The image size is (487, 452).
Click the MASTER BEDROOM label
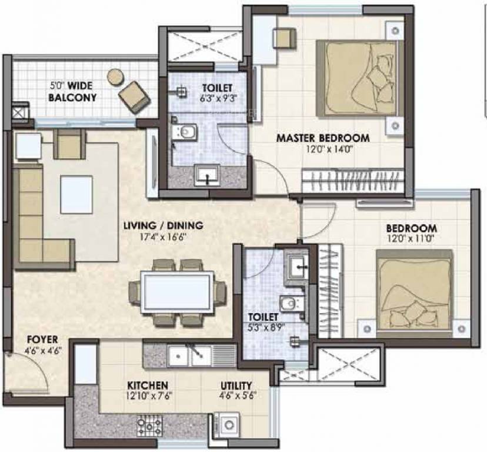(323, 138)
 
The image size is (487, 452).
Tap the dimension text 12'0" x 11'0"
(411, 239)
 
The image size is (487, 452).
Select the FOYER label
(42, 340)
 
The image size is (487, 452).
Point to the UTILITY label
(236, 385)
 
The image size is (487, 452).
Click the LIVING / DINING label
(163, 225)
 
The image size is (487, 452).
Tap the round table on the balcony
(115, 76)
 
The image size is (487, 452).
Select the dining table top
(177, 292)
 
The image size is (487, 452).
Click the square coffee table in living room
(76, 195)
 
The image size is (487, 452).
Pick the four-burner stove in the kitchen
(149, 424)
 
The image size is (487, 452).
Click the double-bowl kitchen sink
(188, 355)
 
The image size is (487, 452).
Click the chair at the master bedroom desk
(283, 38)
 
